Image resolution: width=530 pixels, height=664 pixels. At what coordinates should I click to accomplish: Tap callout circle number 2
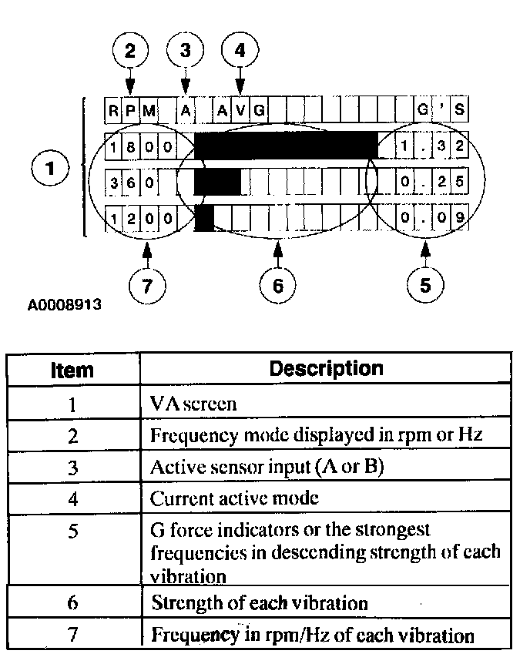(x=130, y=51)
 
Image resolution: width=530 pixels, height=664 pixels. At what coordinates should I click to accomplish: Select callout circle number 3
(x=185, y=51)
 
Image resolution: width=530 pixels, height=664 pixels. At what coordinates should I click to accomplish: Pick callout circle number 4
(x=240, y=51)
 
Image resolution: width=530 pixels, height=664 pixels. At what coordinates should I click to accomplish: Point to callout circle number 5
(x=425, y=284)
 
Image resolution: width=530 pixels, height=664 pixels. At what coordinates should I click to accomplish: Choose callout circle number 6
(x=278, y=284)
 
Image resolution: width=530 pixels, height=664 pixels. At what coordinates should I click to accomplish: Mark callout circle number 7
(x=146, y=284)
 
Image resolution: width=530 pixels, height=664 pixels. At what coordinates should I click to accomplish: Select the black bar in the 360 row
(x=217, y=183)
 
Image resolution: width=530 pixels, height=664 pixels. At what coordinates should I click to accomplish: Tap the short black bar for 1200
(x=204, y=219)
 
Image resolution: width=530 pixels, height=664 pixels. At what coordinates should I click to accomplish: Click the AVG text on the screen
(x=240, y=109)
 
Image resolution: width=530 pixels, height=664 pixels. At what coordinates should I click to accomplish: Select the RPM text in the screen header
(x=130, y=109)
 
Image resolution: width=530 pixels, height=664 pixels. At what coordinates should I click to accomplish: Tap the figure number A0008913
(x=65, y=305)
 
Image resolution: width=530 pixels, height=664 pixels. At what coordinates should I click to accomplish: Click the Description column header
(x=325, y=368)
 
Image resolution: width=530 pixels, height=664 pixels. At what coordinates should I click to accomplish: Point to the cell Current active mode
(x=234, y=498)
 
